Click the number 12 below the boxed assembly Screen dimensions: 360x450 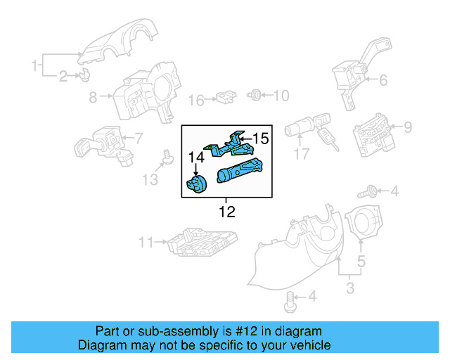pyautogui.click(x=226, y=211)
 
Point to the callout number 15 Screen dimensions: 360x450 pyautogui.click(x=261, y=139)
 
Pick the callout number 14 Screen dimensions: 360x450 pyautogui.click(x=196, y=158)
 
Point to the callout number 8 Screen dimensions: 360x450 pyautogui.click(x=93, y=98)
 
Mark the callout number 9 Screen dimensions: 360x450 pyautogui.click(x=408, y=127)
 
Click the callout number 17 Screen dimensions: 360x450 pyautogui.click(x=302, y=154)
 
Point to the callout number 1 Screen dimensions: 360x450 pyautogui.click(x=34, y=66)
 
